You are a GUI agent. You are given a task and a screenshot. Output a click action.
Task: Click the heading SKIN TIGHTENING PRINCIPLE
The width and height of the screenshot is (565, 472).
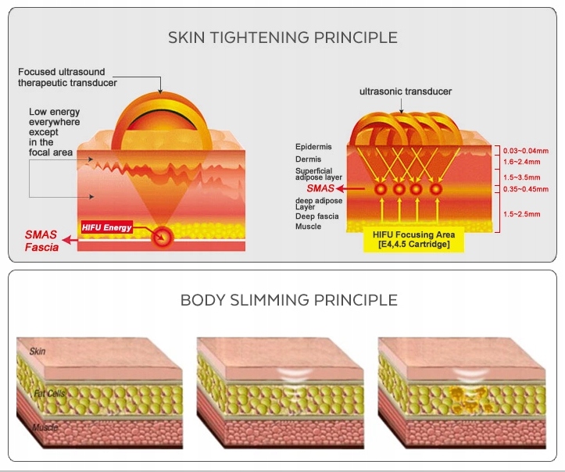tap(283, 38)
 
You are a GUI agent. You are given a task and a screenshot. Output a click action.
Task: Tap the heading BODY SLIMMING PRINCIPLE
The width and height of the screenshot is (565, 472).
tap(283, 300)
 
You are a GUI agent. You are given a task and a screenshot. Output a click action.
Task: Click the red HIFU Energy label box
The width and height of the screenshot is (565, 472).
tap(106, 227)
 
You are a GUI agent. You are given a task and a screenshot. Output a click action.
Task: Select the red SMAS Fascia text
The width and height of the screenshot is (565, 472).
tap(42, 241)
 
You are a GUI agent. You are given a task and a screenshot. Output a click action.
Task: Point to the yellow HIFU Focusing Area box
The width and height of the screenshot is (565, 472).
tap(413, 240)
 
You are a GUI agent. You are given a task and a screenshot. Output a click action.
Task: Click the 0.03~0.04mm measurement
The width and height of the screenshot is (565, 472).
tap(525, 149)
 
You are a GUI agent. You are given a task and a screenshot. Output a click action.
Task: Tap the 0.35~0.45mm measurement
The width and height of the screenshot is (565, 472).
tap(525, 188)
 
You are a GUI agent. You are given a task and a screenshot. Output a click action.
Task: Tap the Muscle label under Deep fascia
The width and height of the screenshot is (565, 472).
tap(309, 226)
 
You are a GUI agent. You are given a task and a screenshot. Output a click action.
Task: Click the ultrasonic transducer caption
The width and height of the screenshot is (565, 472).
tap(406, 91)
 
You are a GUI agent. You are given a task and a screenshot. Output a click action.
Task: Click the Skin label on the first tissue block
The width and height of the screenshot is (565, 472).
tap(38, 352)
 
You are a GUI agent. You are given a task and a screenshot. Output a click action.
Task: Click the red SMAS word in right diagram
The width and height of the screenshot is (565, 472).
tap(320, 188)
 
